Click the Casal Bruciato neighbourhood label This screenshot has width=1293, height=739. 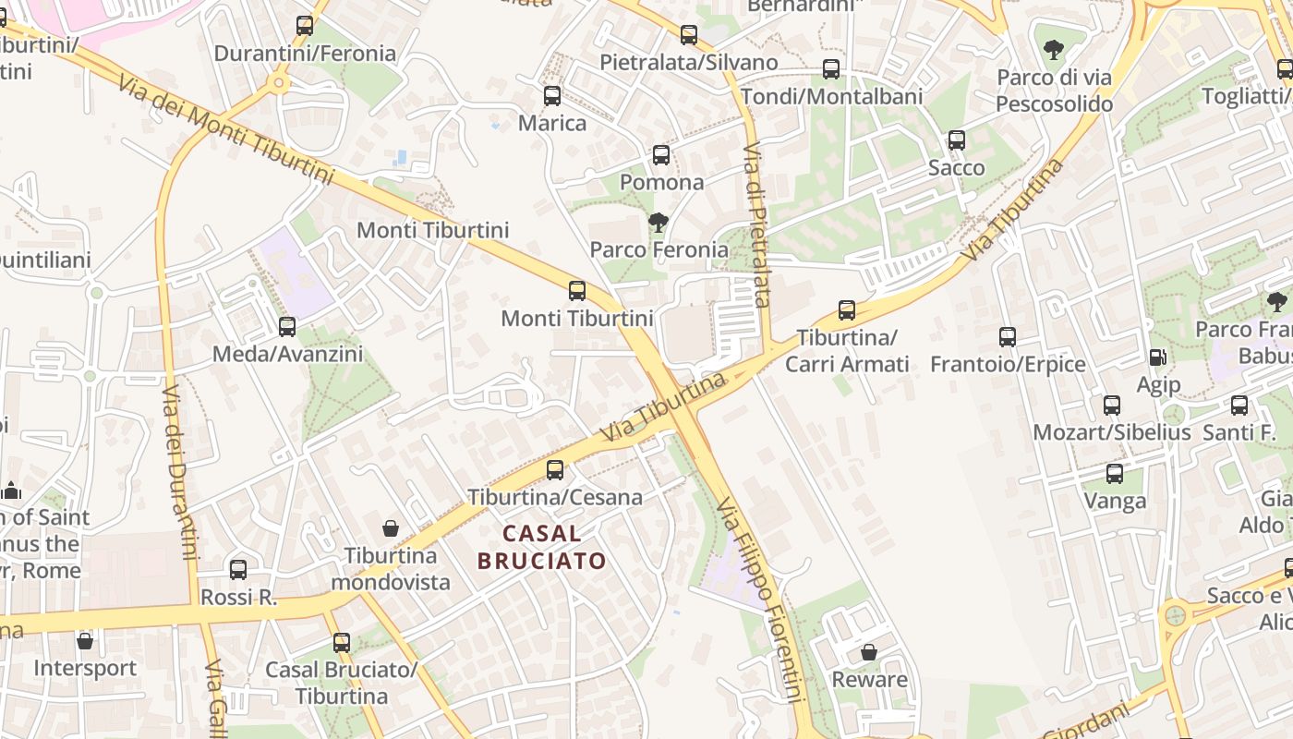click(542, 547)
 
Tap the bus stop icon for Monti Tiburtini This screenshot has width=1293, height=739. click(577, 291)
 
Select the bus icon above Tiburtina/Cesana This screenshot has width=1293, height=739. click(555, 469)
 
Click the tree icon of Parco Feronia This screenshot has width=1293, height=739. click(659, 222)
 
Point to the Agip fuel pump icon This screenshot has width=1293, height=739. click(1157, 357)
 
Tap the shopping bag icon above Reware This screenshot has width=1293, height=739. click(869, 652)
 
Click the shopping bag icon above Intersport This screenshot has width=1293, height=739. click(85, 640)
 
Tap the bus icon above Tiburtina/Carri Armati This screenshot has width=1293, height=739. click(847, 310)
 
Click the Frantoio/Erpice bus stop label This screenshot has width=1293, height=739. click(1008, 364)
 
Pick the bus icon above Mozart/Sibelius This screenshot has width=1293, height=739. click(1112, 405)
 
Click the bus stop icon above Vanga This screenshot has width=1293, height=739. click(1115, 474)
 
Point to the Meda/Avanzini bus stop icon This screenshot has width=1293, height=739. click(287, 326)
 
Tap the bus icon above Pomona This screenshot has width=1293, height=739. click(661, 154)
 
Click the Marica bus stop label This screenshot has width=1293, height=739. click(552, 123)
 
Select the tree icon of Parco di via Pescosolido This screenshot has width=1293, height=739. click(1053, 49)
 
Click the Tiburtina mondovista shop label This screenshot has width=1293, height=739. click(390, 569)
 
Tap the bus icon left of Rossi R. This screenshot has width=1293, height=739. click(238, 569)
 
